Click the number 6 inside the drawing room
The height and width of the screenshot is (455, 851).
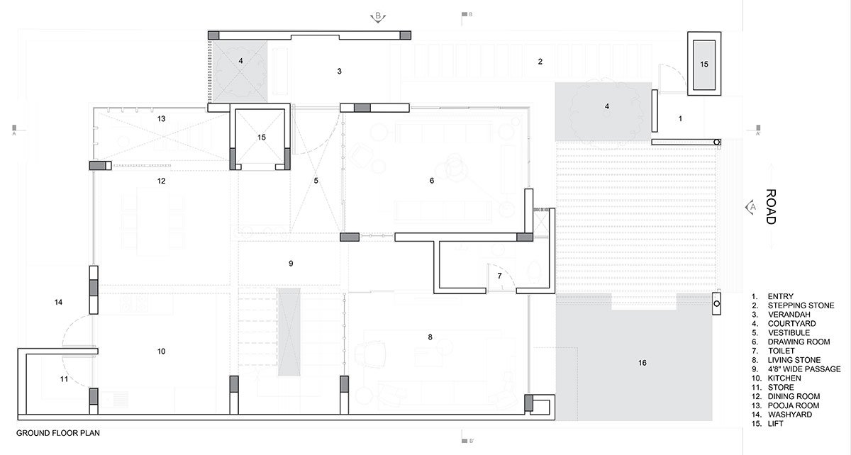[431, 181]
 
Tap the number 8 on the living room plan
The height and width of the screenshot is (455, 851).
[430, 337]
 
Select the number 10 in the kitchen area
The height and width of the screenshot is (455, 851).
[161, 351]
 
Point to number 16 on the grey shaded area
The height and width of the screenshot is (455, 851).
[642, 363]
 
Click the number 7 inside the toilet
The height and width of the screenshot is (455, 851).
[499, 275]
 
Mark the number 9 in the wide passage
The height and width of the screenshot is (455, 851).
[290, 264]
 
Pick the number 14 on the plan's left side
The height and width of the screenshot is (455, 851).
[58, 303]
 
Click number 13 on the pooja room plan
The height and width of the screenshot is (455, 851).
[161, 119]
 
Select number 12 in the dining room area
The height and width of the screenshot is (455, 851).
[161, 181]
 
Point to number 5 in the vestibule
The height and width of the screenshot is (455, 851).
[316, 181]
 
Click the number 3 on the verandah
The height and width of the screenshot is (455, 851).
[339, 72]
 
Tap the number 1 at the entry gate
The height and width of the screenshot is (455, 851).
[680, 119]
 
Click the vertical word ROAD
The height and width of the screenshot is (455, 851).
[770, 207]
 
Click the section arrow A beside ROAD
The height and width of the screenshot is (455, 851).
[749, 207]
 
